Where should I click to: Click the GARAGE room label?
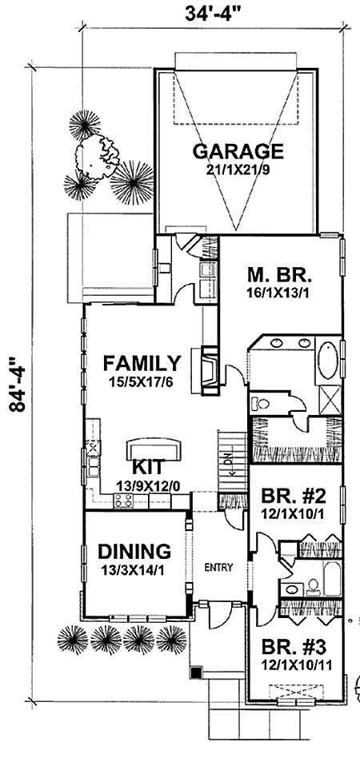coord(237,151)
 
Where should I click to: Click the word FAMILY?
coord(141,362)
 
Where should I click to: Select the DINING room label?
coord(134,551)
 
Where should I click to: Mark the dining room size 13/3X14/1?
coord(134,571)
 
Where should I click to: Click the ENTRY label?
coord(218,569)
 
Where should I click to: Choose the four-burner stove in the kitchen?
coord(124,501)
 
